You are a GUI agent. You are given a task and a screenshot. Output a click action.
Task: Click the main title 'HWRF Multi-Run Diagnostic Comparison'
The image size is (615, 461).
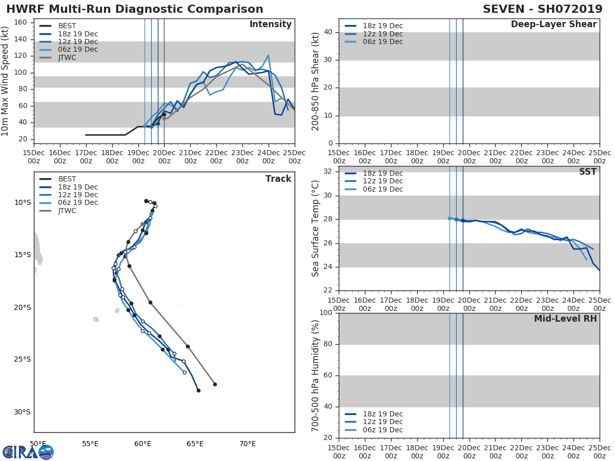click(135, 9)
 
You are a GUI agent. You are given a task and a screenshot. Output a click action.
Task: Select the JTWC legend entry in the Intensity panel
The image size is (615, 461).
click(67, 57)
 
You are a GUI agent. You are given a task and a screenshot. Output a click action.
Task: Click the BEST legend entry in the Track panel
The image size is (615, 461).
click(67, 179)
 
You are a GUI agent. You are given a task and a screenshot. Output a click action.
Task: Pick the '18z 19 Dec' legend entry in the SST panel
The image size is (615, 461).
click(382, 173)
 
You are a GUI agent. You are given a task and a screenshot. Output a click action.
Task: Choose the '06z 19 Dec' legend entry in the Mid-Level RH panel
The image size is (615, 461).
click(382, 430)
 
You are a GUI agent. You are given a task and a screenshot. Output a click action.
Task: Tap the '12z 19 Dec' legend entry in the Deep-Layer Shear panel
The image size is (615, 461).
click(382, 34)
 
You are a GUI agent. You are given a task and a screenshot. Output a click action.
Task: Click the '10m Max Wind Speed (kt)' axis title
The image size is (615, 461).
click(6, 81)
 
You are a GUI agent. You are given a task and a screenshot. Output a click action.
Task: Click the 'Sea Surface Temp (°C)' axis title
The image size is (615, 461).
click(316, 228)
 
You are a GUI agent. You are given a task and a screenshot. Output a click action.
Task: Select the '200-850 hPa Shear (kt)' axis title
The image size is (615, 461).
click(316, 81)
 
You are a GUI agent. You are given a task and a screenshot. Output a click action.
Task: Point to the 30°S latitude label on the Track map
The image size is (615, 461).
click(22, 412)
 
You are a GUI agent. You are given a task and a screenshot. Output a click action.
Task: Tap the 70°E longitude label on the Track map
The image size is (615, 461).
click(247, 444)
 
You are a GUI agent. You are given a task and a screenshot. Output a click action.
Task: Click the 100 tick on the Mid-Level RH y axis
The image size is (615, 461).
click(326, 313)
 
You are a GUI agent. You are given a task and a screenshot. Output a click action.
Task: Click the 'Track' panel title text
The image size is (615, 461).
click(278, 179)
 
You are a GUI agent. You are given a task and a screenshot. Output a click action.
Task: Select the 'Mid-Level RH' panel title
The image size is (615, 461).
click(565, 319)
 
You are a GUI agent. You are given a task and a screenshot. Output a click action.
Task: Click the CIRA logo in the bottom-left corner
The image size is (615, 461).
click(28, 452)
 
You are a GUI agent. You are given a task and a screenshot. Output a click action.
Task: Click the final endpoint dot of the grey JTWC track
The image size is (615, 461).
click(215, 384)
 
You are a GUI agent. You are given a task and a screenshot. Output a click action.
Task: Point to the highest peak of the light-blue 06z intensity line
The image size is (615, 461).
click(268, 55)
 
